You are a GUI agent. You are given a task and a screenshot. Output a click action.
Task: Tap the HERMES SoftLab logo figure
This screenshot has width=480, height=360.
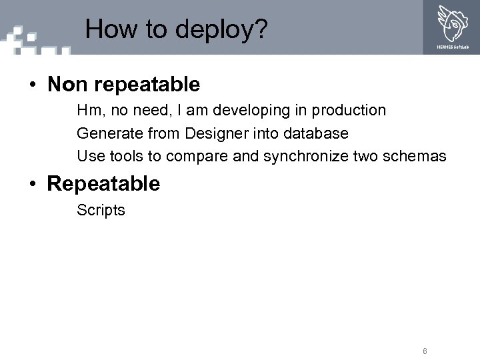[x=452, y=23]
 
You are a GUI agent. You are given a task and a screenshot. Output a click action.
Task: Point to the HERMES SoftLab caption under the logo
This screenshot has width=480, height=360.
[x=451, y=47]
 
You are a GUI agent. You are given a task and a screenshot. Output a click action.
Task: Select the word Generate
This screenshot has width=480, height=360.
[x=107, y=134]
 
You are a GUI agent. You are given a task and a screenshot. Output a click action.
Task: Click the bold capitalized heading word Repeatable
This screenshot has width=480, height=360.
[x=103, y=184]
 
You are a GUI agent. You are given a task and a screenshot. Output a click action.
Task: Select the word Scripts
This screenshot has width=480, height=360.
[x=101, y=211]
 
